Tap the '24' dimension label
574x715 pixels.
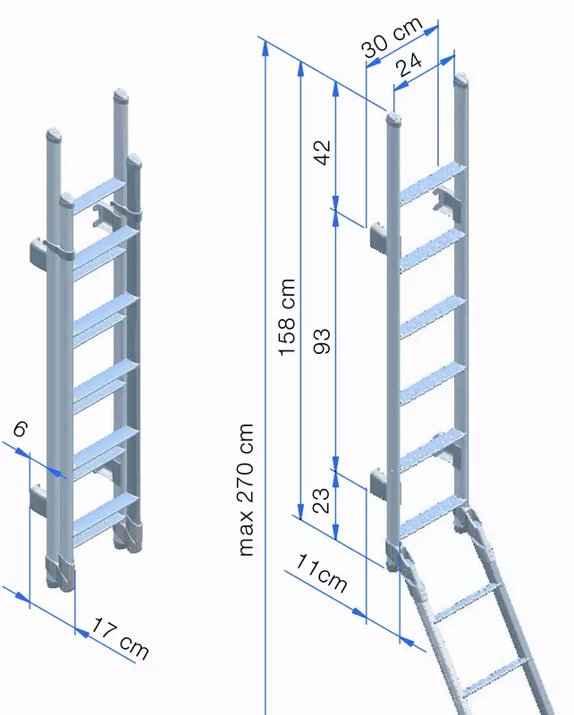click(x=409, y=64)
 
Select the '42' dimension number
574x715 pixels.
click(x=322, y=152)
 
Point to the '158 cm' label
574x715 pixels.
click(x=287, y=317)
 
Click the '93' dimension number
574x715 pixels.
click(x=322, y=341)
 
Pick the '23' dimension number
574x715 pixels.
click(x=321, y=500)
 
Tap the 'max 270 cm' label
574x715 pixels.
click(x=246, y=490)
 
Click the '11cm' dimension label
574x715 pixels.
click(x=322, y=574)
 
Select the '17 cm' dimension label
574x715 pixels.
click(x=121, y=639)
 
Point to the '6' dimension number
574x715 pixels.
click(x=20, y=429)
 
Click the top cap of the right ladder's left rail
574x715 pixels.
click(x=393, y=119)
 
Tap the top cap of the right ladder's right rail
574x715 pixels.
click(x=461, y=80)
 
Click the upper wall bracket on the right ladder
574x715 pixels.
click(x=379, y=237)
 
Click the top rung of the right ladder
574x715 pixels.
click(x=432, y=183)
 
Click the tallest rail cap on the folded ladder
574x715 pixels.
click(x=121, y=97)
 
